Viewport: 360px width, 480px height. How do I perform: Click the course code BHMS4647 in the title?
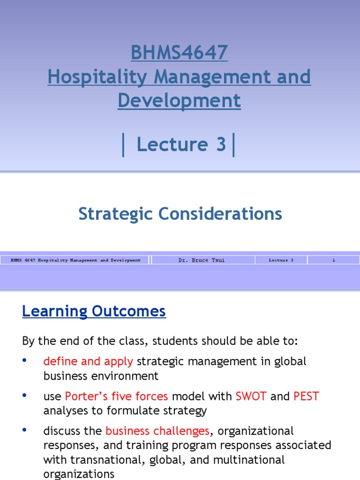click(179, 53)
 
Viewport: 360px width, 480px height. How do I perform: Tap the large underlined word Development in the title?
click(179, 101)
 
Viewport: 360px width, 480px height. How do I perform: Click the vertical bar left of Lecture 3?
click(123, 145)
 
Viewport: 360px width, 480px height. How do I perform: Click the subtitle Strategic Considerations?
click(180, 214)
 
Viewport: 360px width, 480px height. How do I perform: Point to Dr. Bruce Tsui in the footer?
click(202, 260)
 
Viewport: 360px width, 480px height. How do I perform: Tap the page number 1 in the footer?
click(334, 260)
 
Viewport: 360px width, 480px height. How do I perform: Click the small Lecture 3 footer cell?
click(281, 260)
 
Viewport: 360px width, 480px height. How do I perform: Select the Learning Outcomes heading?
click(94, 311)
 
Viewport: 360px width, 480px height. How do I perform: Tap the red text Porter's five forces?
click(116, 396)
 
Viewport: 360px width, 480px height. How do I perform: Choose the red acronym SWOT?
click(251, 396)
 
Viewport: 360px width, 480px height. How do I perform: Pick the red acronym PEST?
click(306, 396)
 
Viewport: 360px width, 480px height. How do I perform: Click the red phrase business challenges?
click(157, 431)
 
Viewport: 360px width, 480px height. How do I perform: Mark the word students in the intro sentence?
click(146, 341)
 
